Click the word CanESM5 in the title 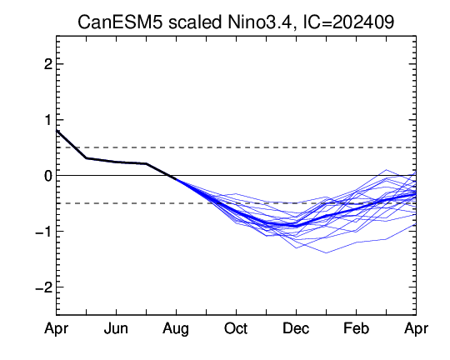pyautogui.click(x=120, y=22)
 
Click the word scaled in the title pyautogui.click(x=195, y=22)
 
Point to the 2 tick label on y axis pyautogui.click(x=48, y=64)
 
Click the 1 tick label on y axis pyautogui.click(x=48, y=120)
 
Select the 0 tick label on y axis pyautogui.click(x=48, y=176)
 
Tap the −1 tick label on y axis pyautogui.click(x=44, y=232)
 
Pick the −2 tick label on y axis pyautogui.click(x=44, y=287)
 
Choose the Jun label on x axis pyautogui.click(x=116, y=328)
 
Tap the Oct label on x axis pyautogui.click(x=236, y=328)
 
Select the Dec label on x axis pyautogui.click(x=296, y=328)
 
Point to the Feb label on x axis pyautogui.click(x=356, y=328)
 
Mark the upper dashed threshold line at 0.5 pyautogui.click(x=236, y=147)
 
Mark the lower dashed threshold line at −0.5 pyautogui.click(x=236, y=203)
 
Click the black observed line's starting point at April pyautogui.click(x=57, y=131)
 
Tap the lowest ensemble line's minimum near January pyautogui.click(x=327, y=253)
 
